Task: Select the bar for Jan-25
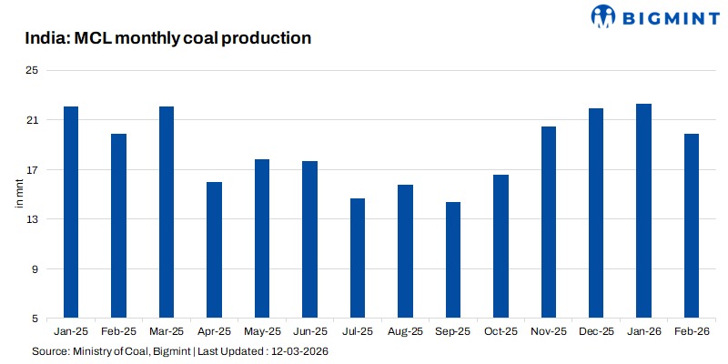pos(71,212)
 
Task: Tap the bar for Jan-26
pos(643,211)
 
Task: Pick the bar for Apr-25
pos(214,250)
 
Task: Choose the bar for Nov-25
pos(548,222)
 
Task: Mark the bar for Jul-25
pos(358,258)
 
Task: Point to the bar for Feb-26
pos(691,226)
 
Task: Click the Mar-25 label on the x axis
pos(167,333)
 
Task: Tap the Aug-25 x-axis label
pos(405,333)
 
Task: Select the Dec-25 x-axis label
pos(595,333)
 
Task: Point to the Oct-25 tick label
pos(500,333)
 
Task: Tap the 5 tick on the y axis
pos(35,319)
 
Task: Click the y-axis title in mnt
pos(19,195)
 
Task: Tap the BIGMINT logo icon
pos(604,15)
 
